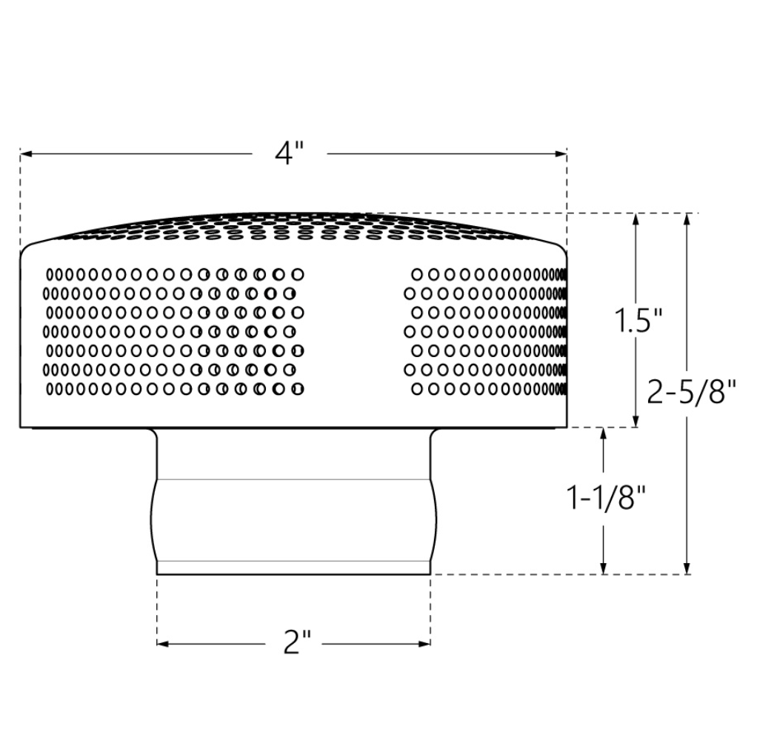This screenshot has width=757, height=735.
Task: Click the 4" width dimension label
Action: point(290,153)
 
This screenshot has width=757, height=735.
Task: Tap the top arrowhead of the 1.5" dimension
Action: point(636,219)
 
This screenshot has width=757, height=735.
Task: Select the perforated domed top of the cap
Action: point(293,226)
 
